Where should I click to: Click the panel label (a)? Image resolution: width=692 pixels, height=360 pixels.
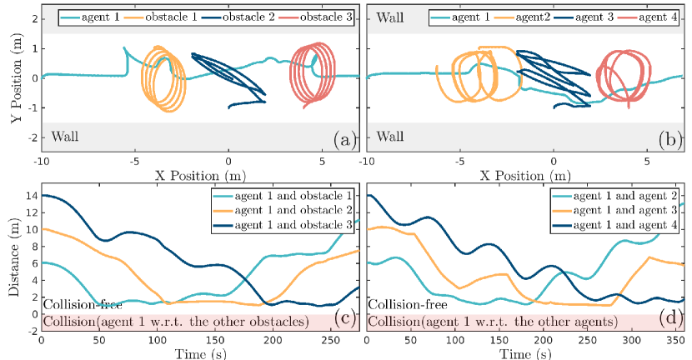click(342, 139)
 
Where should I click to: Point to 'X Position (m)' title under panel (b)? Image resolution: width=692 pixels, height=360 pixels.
click(526, 177)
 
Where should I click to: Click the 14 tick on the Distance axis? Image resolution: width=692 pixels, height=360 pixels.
click(31, 196)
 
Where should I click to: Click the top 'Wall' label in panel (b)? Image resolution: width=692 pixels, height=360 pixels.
click(390, 17)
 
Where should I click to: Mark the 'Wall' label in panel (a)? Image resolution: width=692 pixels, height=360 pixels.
click(66, 135)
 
